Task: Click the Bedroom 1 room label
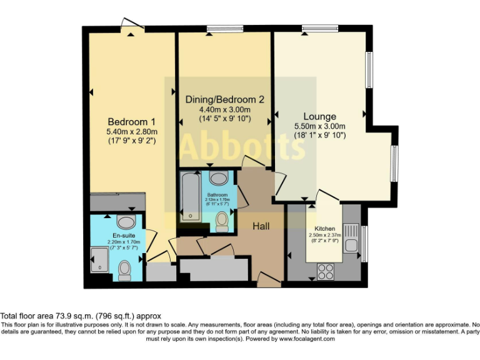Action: click(131, 121)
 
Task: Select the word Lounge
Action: click(319, 116)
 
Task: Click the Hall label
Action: click(261, 226)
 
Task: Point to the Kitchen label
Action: click(325, 228)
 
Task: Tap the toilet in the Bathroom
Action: click(221, 220)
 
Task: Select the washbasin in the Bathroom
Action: click(219, 179)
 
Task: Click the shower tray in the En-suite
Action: click(99, 260)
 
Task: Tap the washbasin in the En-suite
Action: click(126, 222)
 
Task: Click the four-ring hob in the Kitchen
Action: click(326, 271)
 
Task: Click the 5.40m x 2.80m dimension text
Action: click(131, 132)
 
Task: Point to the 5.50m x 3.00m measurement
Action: click(319, 127)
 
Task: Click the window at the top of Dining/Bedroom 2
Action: click(224, 27)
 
